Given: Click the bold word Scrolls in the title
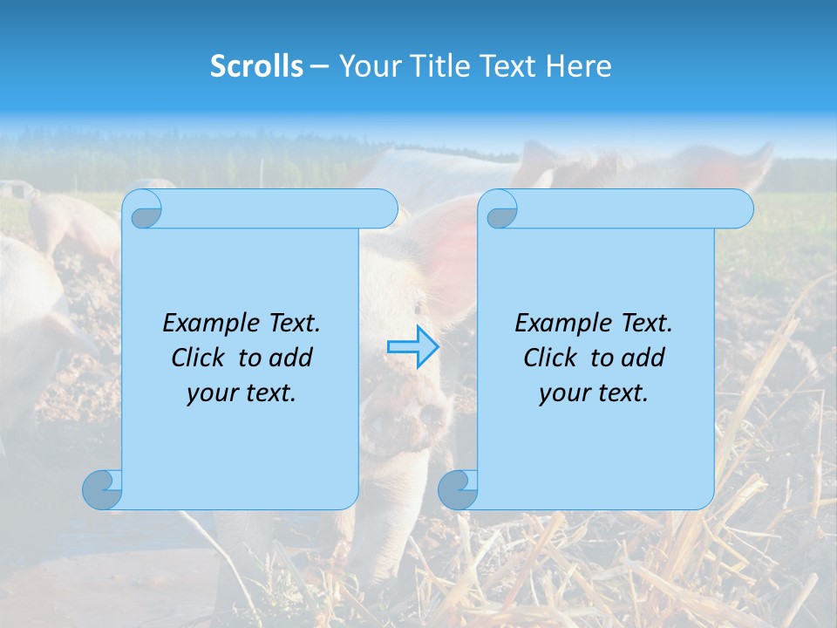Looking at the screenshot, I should click(x=256, y=66).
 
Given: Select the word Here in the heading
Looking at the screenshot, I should click(x=578, y=66).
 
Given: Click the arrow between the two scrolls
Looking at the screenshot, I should click(x=413, y=347).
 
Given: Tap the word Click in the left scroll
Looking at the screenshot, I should click(x=201, y=358).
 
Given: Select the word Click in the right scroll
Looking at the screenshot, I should click(x=553, y=358).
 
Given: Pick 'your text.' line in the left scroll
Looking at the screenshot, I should click(x=242, y=392).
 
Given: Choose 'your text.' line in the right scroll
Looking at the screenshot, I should click(x=594, y=392).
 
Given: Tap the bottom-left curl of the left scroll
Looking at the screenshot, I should click(x=102, y=489).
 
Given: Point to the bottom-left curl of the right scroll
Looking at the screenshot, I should click(x=458, y=489).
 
